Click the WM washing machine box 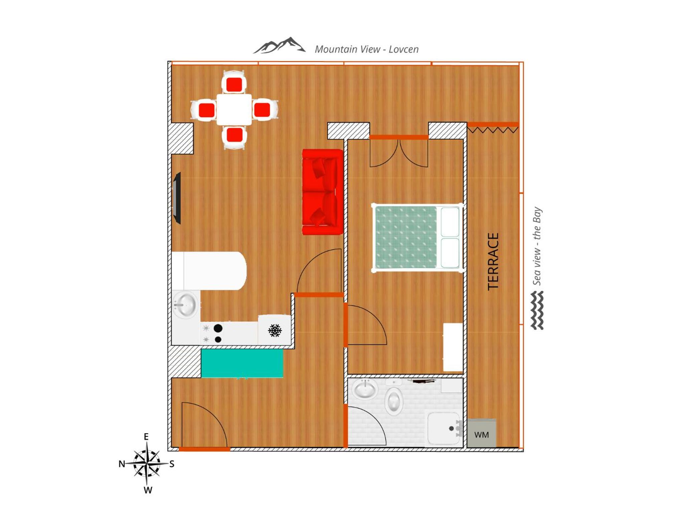(x=481, y=433)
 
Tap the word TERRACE (x=493, y=262)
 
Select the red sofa (x=323, y=192)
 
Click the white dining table (x=234, y=110)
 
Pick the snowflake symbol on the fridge (x=275, y=330)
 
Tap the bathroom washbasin (x=365, y=389)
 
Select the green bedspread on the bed (x=406, y=237)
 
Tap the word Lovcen (x=403, y=49)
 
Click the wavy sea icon (x=537, y=310)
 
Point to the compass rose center (x=147, y=463)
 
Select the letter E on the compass (x=146, y=437)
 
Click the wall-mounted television (x=177, y=198)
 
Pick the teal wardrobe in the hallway (x=242, y=363)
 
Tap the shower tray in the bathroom (x=444, y=429)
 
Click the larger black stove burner (x=218, y=328)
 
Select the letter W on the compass (x=148, y=490)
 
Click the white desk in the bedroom (x=453, y=347)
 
